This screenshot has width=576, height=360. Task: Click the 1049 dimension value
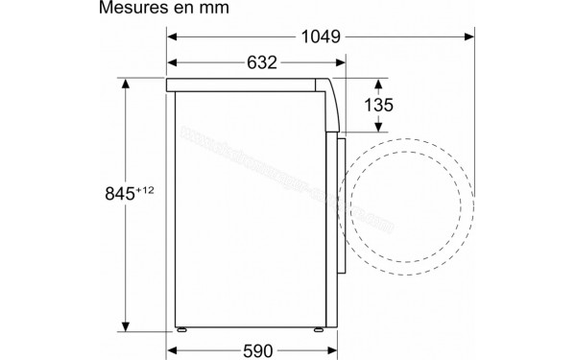point(318,36)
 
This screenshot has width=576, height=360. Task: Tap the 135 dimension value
point(378,107)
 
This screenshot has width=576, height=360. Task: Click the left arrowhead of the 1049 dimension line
point(173,36)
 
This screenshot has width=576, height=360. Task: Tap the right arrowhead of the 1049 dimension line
point(471,36)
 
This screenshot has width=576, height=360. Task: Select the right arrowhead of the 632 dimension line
point(341,63)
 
